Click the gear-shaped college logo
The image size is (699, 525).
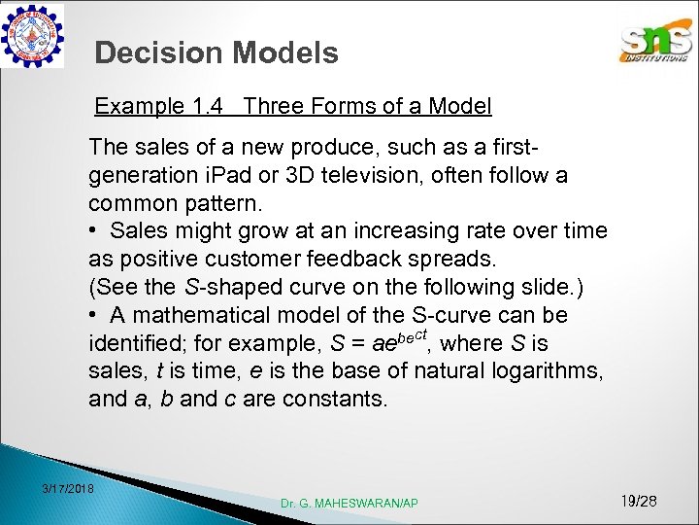[x=33, y=35]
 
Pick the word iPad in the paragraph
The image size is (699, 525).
[x=255, y=176]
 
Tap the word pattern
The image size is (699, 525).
[x=232, y=204]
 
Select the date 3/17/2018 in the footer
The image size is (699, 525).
[x=68, y=487]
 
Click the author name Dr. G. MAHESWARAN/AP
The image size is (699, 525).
[x=349, y=503]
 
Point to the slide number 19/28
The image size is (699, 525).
[x=638, y=501]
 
